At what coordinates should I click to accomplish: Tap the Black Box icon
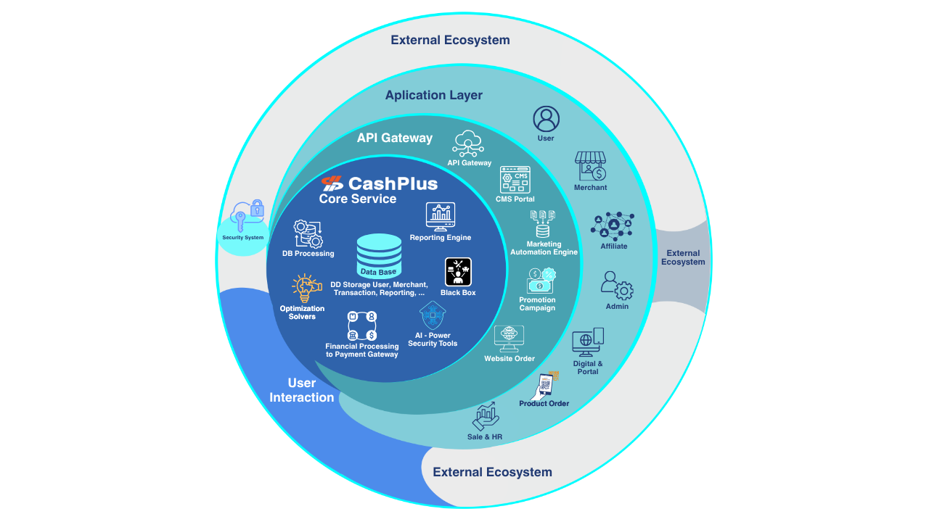(x=458, y=272)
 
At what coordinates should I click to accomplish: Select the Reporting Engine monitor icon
(x=440, y=216)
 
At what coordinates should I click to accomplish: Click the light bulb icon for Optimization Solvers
(x=306, y=289)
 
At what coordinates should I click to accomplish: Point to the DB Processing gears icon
(x=308, y=234)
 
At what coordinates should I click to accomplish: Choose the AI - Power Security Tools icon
(x=433, y=315)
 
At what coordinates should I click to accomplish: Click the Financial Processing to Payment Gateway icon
(x=361, y=326)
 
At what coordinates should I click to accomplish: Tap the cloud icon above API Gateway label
(x=469, y=144)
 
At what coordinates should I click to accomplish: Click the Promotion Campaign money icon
(x=541, y=281)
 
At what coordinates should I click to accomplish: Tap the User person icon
(x=546, y=119)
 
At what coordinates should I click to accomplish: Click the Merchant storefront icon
(x=590, y=166)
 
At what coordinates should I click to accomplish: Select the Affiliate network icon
(x=613, y=226)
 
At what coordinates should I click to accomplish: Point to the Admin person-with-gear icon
(x=617, y=286)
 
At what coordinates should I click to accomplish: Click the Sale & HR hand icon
(x=485, y=417)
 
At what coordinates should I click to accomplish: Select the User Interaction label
(x=302, y=390)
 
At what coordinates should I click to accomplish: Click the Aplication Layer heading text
(x=433, y=95)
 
